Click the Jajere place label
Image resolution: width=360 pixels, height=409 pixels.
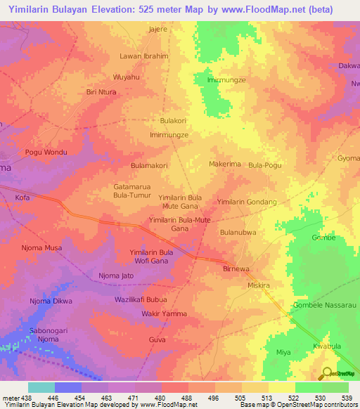click(x=158, y=30)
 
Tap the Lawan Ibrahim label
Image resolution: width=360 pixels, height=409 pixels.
click(x=145, y=56)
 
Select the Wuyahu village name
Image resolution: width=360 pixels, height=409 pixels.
click(x=127, y=77)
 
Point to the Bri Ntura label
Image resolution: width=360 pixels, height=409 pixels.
click(x=101, y=92)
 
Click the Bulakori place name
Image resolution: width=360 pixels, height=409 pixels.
click(x=173, y=121)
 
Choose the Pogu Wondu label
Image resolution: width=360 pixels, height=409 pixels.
click(x=45, y=152)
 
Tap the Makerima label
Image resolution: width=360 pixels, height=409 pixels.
click(x=225, y=164)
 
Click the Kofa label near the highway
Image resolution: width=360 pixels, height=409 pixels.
click(x=22, y=198)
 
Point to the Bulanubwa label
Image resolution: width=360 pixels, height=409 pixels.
click(x=238, y=232)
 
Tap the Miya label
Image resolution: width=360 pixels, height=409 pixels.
click(x=283, y=352)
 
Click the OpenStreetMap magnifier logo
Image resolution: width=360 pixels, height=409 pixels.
click(x=326, y=373)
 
